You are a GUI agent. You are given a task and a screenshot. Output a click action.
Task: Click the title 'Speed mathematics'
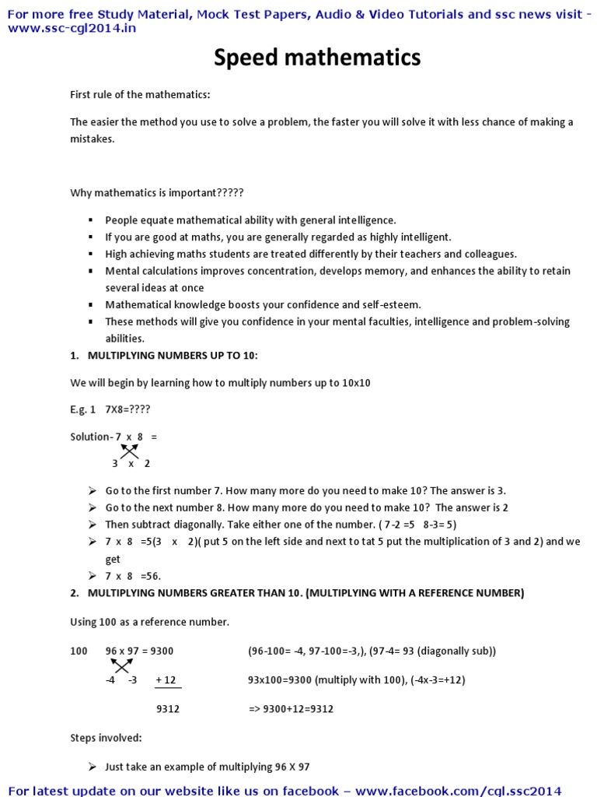[x=316, y=58]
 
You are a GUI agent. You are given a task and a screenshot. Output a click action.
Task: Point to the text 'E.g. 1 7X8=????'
[x=110, y=409]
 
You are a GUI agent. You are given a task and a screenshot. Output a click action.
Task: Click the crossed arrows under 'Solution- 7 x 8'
[x=129, y=450]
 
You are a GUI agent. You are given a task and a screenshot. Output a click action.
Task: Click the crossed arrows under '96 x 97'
[x=120, y=665]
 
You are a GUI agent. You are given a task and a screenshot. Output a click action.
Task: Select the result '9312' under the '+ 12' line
[x=169, y=709]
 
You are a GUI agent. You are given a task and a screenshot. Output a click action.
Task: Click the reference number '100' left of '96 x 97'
[x=79, y=651]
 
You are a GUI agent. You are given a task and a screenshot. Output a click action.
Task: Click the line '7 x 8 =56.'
[x=133, y=576]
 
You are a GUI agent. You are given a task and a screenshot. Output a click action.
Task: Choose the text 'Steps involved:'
[x=106, y=737]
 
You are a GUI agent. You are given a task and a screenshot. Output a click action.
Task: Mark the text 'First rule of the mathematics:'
[x=141, y=95]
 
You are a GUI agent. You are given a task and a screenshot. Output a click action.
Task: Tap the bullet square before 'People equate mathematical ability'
[x=91, y=221]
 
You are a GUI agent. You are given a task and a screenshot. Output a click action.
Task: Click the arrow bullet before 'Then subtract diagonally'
[x=93, y=525]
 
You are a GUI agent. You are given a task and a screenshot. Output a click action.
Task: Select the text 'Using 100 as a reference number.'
[x=150, y=622]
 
